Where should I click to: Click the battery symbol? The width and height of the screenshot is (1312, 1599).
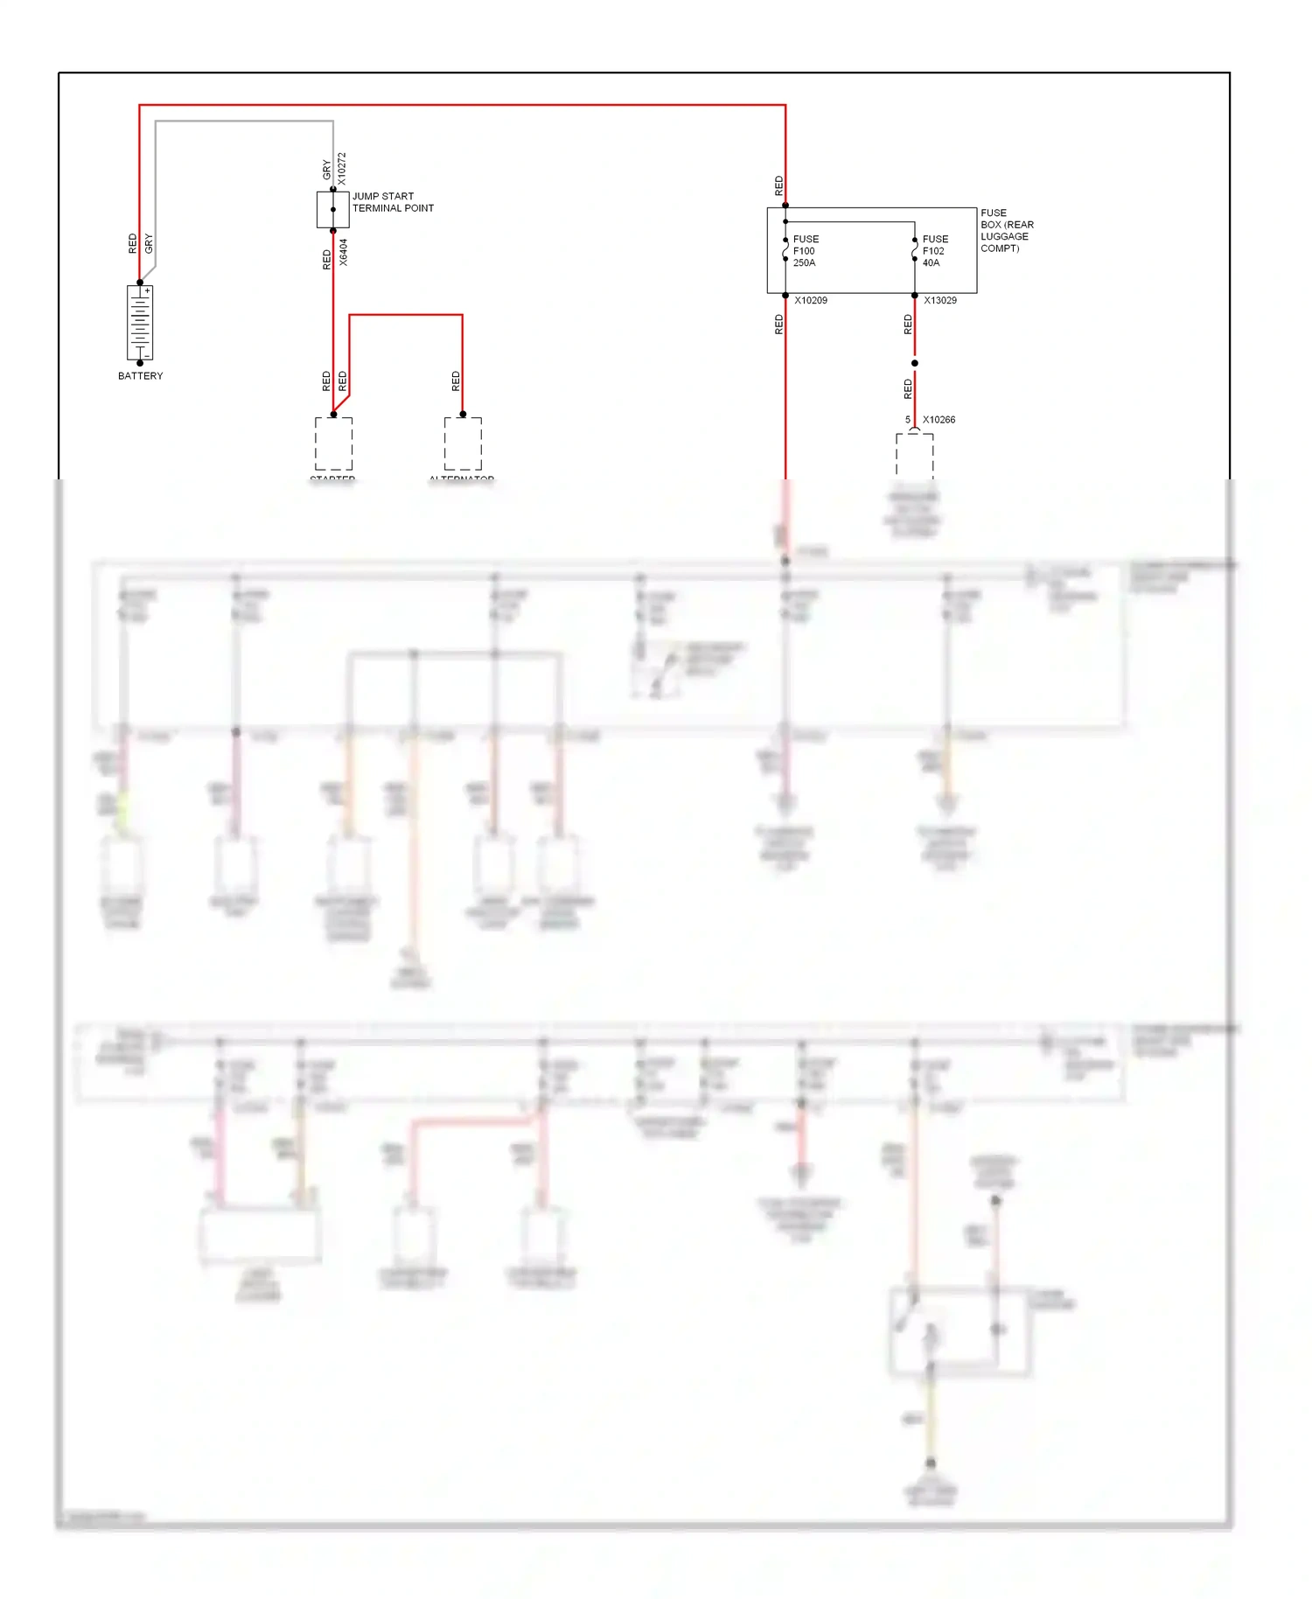click(x=140, y=323)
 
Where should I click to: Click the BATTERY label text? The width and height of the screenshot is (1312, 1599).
click(x=140, y=376)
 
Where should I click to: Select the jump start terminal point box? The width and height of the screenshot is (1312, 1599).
click(x=332, y=210)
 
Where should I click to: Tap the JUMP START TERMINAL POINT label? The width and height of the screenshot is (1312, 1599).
click(x=393, y=202)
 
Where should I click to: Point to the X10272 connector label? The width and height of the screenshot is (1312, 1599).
click(x=342, y=169)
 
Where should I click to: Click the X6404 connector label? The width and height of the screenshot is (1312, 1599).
click(x=343, y=253)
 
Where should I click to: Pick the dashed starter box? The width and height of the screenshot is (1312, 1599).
click(x=333, y=443)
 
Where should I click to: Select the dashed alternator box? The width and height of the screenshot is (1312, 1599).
click(x=463, y=443)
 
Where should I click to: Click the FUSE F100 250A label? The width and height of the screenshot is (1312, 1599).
click(x=806, y=251)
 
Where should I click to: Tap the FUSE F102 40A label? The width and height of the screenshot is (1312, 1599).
click(x=935, y=251)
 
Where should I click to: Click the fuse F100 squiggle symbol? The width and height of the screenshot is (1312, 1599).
click(x=785, y=251)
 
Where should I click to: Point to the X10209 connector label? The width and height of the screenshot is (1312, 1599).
click(x=811, y=301)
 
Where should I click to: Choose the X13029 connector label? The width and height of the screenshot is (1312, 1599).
click(x=940, y=301)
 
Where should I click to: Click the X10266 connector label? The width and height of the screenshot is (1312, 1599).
click(x=939, y=420)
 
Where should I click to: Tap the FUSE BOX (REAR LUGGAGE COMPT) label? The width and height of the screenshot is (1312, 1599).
click(x=1007, y=231)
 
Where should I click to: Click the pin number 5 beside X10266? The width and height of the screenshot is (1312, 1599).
click(x=908, y=420)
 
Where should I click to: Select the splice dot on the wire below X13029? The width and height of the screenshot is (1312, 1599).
click(x=915, y=363)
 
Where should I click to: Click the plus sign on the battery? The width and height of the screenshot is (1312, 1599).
click(x=148, y=290)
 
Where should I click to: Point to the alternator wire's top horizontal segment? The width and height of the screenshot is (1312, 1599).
click(x=406, y=315)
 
